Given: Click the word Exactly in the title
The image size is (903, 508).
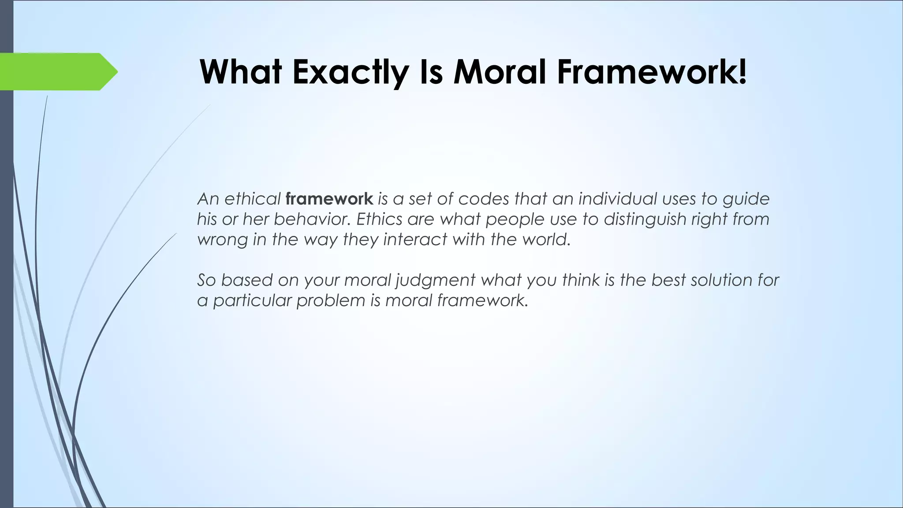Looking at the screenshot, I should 348,72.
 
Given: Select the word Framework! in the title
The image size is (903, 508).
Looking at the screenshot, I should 652,72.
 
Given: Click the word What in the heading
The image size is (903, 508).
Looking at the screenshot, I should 241,72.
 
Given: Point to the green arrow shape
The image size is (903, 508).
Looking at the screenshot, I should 57,71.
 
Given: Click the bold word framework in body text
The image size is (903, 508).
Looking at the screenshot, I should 329,199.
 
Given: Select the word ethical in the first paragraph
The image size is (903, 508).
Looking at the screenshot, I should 253,199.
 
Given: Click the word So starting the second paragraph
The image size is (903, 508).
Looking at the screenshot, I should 207,280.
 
